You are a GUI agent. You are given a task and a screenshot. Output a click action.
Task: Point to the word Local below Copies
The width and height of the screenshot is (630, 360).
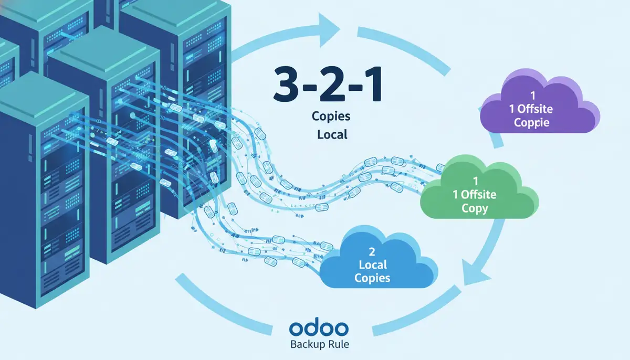[x=332, y=134]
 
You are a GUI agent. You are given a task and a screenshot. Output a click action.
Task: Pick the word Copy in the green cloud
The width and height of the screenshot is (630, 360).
[x=475, y=208]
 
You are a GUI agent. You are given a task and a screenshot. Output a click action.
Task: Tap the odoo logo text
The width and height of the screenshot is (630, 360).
[x=318, y=328]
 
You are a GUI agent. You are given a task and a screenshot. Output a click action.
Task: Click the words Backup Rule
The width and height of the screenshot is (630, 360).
[x=318, y=345]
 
